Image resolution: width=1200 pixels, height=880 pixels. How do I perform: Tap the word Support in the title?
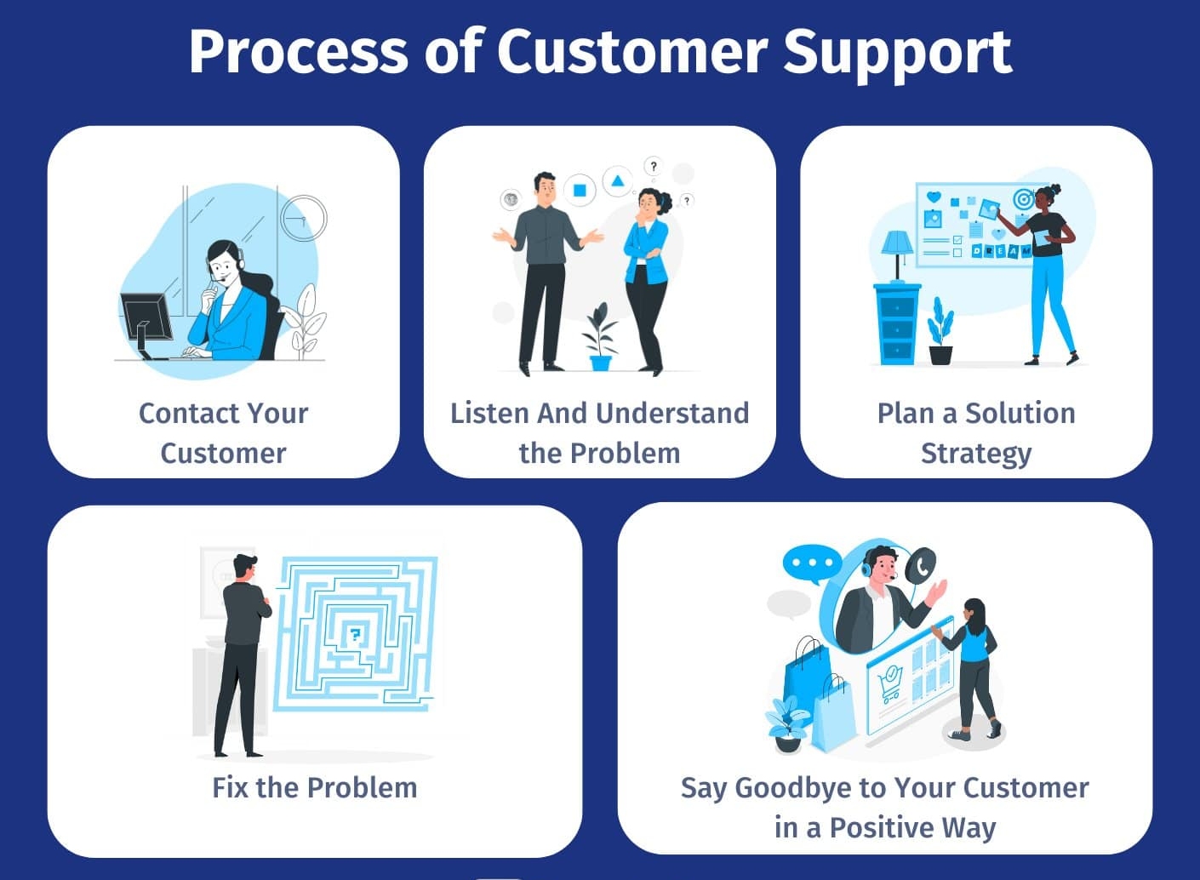click(897, 53)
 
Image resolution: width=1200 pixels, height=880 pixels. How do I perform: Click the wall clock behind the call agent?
click(304, 217)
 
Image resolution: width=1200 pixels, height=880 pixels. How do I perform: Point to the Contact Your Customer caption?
click(223, 432)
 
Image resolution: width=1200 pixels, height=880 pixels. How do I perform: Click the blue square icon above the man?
click(580, 190)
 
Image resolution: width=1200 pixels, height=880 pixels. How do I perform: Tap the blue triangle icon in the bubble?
click(618, 180)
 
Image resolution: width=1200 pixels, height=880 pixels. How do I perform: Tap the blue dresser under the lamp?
click(897, 324)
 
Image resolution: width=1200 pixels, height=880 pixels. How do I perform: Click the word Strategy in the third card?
click(976, 454)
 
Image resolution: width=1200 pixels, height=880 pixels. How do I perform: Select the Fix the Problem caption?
click(314, 787)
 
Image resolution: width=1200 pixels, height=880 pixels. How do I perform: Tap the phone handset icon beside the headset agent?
click(921, 565)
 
